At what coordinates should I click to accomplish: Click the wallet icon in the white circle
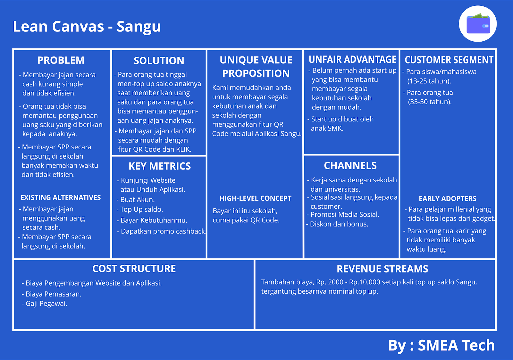(x=478, y=24)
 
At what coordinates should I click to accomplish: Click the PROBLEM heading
(x=61, y=60)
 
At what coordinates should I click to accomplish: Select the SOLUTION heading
(x=159, y=61)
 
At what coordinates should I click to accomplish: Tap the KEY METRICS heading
(x=159, y=166)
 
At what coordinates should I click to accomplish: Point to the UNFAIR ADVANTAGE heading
(x=352, y=60)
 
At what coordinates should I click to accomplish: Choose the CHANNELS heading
(x=350, y=165)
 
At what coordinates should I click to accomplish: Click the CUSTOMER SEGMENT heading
(x=449, y=60)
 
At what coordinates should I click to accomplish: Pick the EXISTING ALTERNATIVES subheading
(x=61, y=197)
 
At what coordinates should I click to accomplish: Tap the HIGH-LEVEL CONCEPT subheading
(x=255, y=198)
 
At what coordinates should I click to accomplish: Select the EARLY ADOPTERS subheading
(x=447, y=199)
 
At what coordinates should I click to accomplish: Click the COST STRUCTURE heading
(x=134, y=269)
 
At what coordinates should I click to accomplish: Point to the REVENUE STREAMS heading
(x=382, y=269)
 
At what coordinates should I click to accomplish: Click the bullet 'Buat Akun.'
(x=137, y=200)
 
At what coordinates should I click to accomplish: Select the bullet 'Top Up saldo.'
(x=141, y=210)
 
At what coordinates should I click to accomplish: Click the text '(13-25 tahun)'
(x=429, y=81)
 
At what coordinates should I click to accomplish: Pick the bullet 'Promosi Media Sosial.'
(x=345, y=214)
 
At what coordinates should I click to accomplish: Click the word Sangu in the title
(x=139, y=27)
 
